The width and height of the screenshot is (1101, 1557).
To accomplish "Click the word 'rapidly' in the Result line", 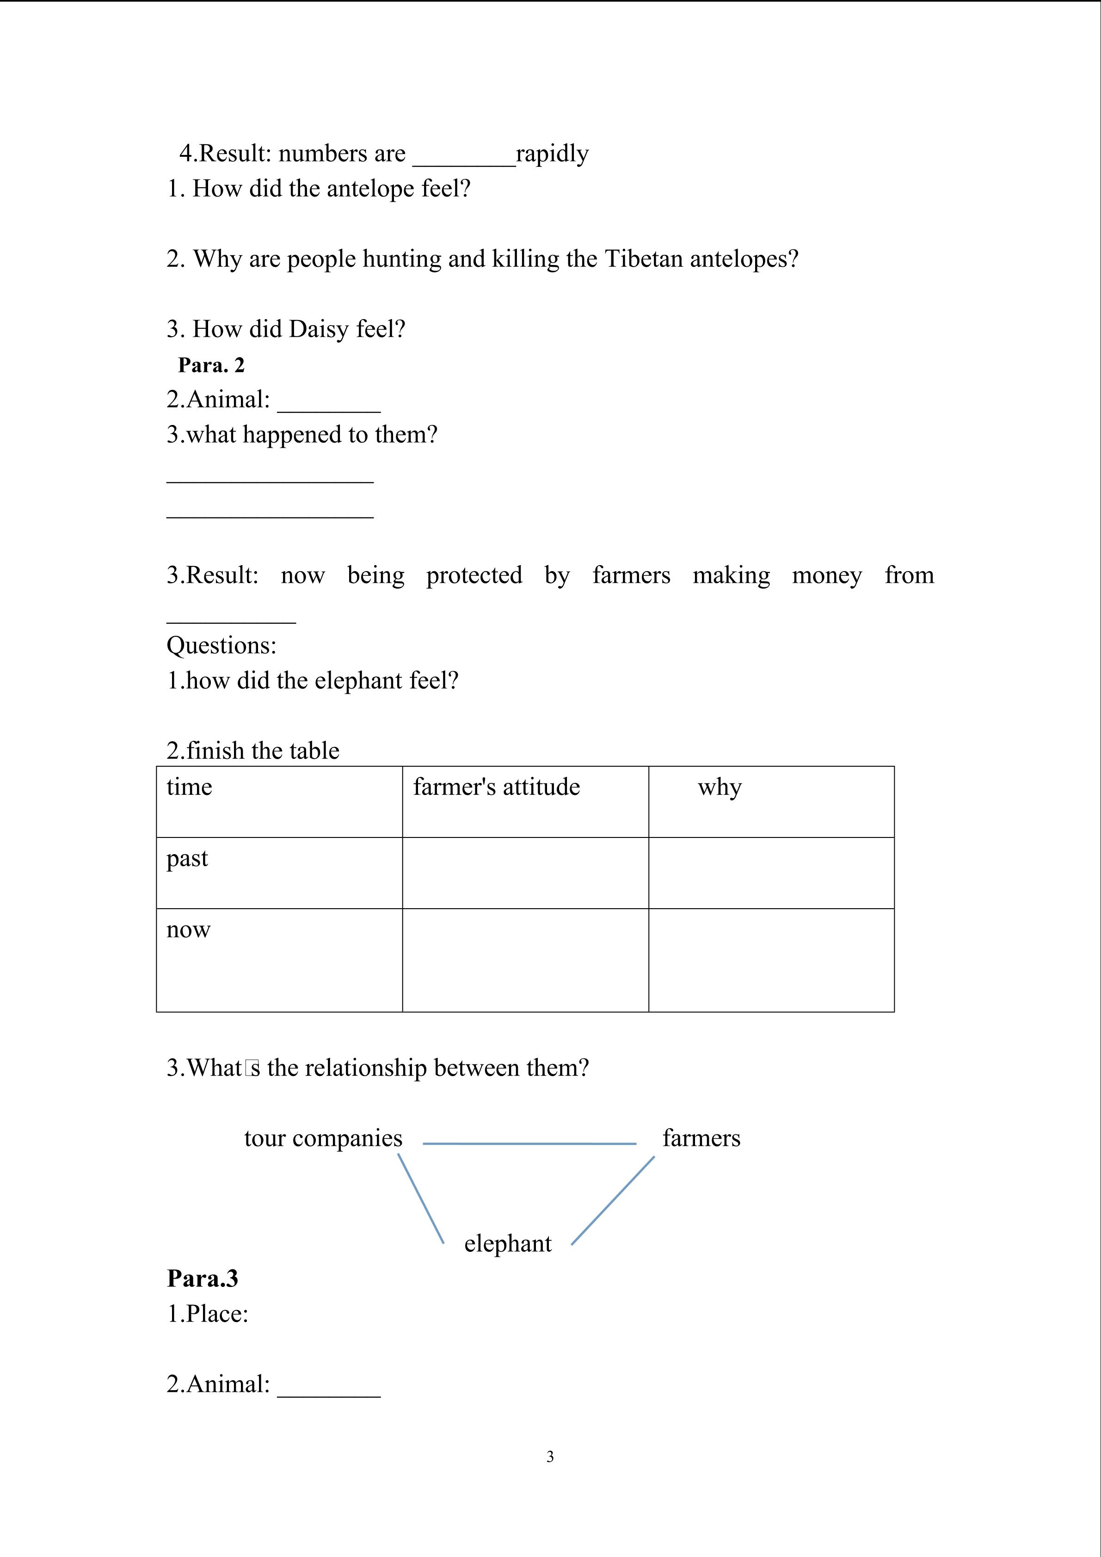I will pyautogui.click(x=552, y=154).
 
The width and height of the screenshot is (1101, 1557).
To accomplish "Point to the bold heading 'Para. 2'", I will pyautogui.click(x=211, y=365).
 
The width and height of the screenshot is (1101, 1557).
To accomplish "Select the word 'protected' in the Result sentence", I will pyautogui.click(x=474, y=575).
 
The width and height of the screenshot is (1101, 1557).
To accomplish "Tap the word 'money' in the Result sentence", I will pyautogui.click(x=826, y=575).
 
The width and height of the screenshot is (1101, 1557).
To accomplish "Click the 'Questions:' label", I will pyautogui.click(x=221, y=646).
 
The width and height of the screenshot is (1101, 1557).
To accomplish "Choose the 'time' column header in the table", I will pyautogui.click(x=189, y=788).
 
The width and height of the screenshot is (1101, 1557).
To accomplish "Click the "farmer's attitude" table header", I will pyautogui.click(x=496, y=788).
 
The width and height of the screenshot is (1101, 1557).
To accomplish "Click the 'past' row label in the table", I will pyautogui.click(x=187, y=859).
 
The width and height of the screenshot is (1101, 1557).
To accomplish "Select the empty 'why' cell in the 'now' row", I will pyautogui.click(x=771, y=960).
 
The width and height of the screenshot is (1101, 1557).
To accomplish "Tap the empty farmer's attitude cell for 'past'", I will pyautogui.click(x=525, y=873).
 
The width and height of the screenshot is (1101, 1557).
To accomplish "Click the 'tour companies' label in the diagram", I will pyautogui.click(x=323, y=1139).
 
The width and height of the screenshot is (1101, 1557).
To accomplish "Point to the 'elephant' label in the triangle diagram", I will pyautogui.click(x=508, y=1243).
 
